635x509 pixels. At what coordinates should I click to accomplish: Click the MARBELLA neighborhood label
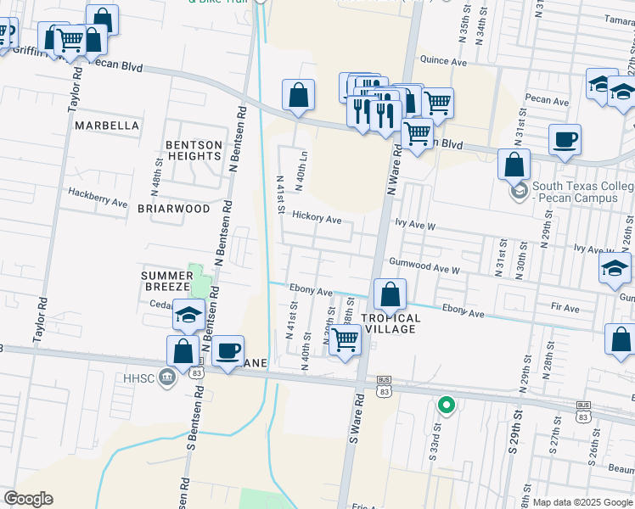tap(106, 126)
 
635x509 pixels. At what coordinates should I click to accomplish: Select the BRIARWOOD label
tap(173, 208)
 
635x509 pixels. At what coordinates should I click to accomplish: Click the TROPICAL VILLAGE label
tap(391, 323)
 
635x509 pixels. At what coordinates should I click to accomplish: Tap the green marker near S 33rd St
tap(445, 406)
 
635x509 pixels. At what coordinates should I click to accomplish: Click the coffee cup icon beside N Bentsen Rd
tap(227, 350)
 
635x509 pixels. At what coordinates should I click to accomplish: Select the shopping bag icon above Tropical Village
tap(390, 295)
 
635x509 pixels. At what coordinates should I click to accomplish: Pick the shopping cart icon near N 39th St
tap(344, 339)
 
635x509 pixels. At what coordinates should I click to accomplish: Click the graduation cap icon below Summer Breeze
tap(188, 316)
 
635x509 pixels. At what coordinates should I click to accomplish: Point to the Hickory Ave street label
tap(316, 218)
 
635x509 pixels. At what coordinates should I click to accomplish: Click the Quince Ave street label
tap(444, 60)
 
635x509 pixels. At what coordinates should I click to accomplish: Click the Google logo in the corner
tap(28, 499)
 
